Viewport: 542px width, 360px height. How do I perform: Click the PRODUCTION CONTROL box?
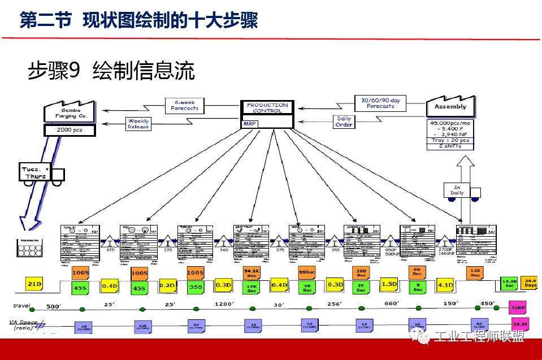(x=267, y=107)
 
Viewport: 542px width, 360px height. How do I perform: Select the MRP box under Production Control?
(x=267, y=122)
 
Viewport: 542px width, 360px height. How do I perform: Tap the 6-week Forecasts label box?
(x=185, y=106)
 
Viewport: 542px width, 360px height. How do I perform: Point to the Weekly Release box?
(x=138, y=124)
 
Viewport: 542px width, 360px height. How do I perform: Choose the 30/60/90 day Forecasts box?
(x=380, y=103)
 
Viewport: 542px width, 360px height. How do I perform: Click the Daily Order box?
(x=344, y=122)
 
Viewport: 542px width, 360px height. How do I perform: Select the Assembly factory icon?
(x=450, y=105)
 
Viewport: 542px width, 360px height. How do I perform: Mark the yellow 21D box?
(x=34, y=284)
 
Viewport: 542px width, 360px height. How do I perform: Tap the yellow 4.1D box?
(x=446, y=285)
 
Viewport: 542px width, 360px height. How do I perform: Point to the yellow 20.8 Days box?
(x=530, y=284)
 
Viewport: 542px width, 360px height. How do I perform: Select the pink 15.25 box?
(x=521, y=324)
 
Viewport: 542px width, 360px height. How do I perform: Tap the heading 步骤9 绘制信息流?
(x=111, y=71)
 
